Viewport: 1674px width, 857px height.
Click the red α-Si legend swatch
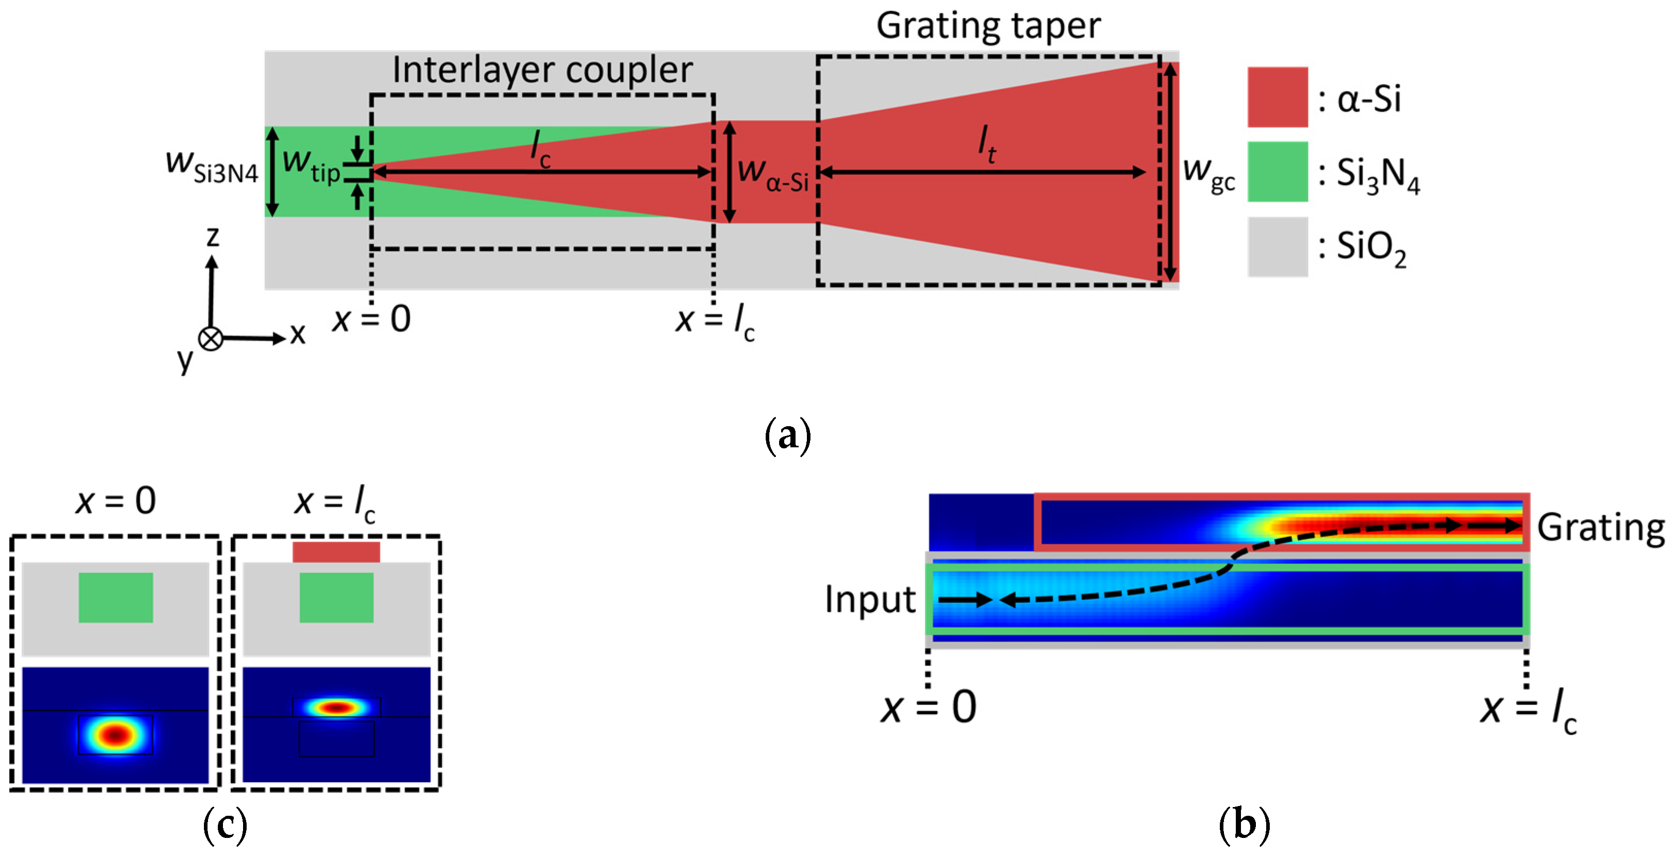pos(1277,97)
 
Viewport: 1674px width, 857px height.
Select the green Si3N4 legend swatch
pos(1277,172)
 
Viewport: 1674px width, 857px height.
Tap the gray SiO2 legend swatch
pos(1277,246)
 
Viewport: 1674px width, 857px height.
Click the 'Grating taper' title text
pos(988,26)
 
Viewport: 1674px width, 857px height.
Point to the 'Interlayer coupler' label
pos(542,70)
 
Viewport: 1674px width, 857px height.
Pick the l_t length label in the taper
pos(987,144)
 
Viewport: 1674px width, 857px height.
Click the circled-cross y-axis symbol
pos(210,339)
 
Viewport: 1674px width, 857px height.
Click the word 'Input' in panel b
pos(870,599)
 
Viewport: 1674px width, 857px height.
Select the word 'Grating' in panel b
pos(1600,527)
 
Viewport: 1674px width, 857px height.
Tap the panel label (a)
pos(788,435)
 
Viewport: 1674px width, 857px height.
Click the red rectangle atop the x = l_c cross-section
pos(336,552)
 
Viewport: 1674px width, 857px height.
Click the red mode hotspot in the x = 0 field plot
pos(116,735)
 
